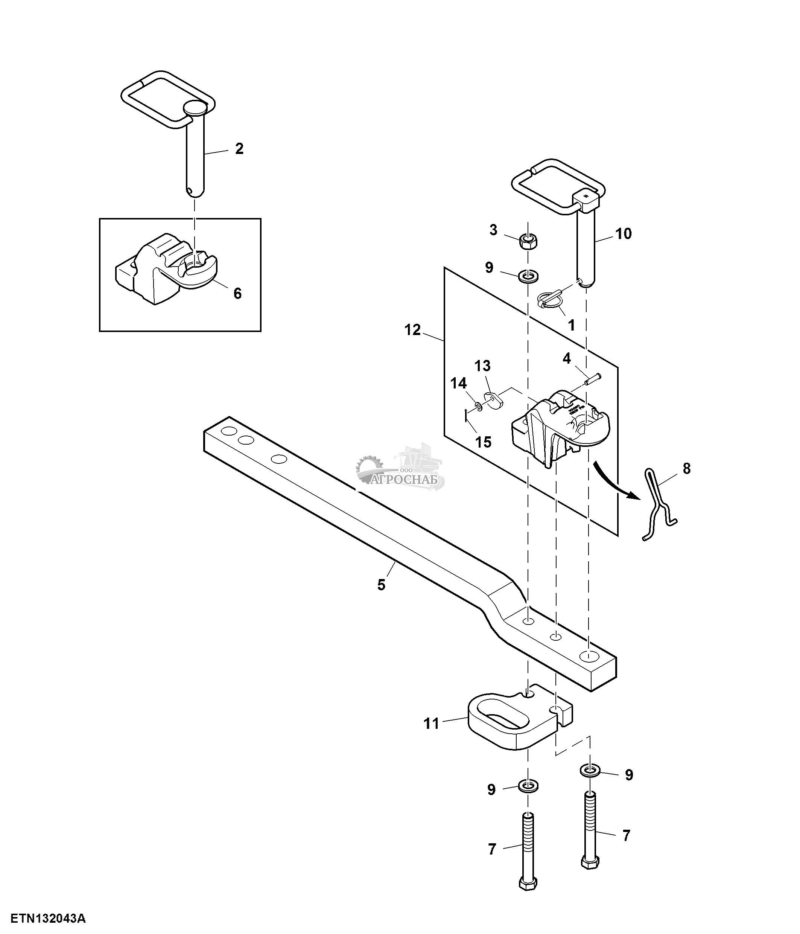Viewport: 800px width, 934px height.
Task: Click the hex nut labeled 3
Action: (528, 242)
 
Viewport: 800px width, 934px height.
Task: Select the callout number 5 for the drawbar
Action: (381, 585)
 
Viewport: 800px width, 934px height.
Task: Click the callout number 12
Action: (412, 330)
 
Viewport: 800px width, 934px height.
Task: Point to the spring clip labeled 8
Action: (659, 505)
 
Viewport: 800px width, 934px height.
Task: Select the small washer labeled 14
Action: (478, 407)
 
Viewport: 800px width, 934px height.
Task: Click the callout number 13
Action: (482, 366)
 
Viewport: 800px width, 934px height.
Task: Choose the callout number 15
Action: (483, 442)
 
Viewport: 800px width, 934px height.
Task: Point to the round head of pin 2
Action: (195, 108)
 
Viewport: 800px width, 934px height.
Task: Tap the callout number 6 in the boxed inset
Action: (237, 294)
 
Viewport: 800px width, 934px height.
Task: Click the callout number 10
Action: (624, 233)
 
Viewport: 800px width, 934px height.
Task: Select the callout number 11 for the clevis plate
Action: (431, 724)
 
